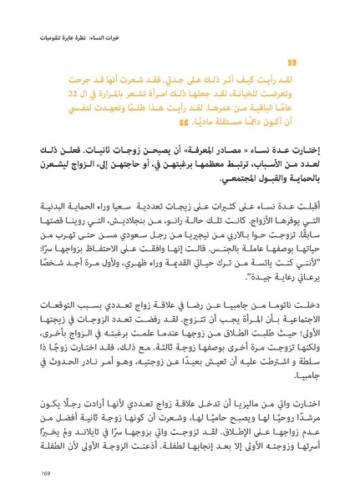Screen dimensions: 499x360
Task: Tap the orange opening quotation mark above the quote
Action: (292, 62)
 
